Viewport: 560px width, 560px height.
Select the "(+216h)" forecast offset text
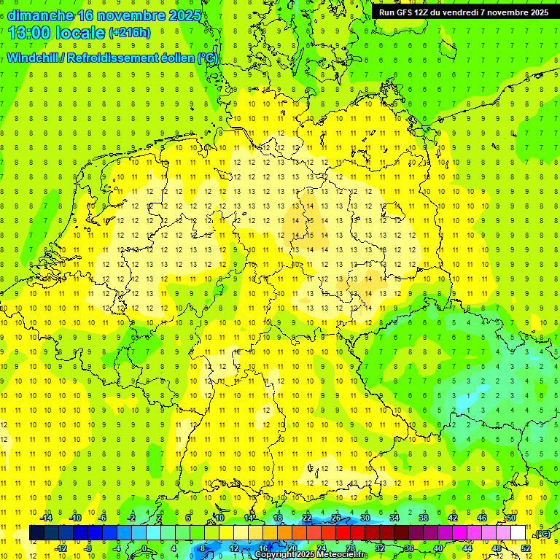pos(129,33)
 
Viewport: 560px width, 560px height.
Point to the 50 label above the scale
pos(511,518)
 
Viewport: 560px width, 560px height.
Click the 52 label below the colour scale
pos(526,548)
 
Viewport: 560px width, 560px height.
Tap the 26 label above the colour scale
pos(336,518)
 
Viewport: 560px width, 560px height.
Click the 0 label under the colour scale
pos(144,548)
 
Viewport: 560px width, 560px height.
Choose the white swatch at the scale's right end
pos(518,533)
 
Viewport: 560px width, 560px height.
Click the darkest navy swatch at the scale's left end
pos(36,533)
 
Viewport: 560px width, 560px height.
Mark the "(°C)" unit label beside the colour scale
pos(542,534)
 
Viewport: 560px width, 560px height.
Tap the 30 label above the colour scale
pos(365,518)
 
